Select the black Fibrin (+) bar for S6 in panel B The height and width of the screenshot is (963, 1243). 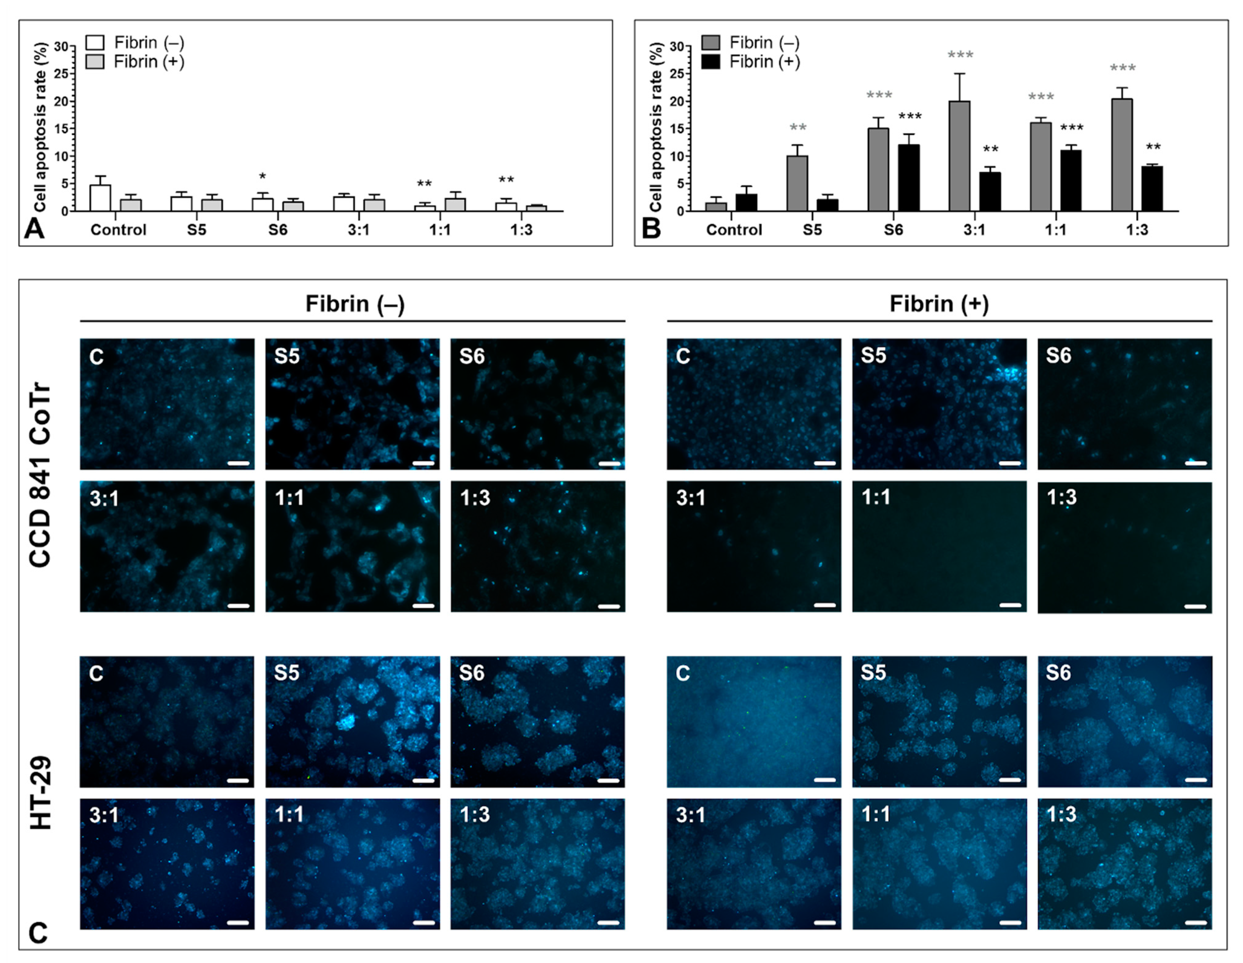click(x=909, y=178)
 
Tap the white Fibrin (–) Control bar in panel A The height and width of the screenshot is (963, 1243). click(x=100, y=198)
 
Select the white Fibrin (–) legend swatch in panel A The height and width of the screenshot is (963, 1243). click(x=95, y=43)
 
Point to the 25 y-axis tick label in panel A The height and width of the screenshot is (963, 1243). click(x=61, y=74)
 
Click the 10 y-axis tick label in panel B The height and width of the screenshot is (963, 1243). click(x=676, y=156)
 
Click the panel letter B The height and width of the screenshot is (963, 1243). click(x=651, y=229)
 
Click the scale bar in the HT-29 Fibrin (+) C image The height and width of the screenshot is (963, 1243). click(x=825, y=780)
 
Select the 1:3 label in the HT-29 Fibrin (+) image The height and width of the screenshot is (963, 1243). click(x=1062, y=815)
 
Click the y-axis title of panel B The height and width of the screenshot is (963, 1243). click(x=656, y=126)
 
